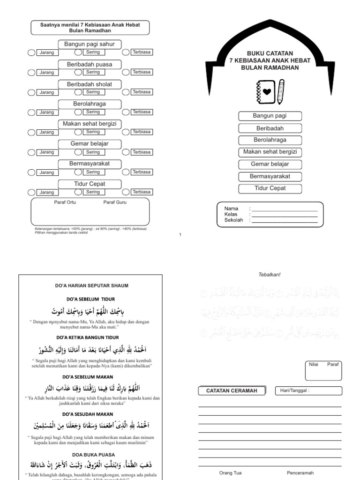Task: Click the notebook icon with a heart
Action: pos(266,92)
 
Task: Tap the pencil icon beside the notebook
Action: pos(280,92)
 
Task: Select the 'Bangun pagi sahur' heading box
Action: pos(89,44)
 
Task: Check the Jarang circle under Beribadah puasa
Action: pos(31,73)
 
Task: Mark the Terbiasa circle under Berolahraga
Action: pos(126,112)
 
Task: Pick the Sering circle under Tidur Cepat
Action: pos(78,192)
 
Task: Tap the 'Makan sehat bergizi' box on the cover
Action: pos(270,152)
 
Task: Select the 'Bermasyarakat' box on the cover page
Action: pos(270,176)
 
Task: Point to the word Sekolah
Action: pos(233,220)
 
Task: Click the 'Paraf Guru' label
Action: pos(115,202)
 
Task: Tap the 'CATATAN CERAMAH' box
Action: pos(232,391)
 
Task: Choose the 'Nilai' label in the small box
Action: pos(314,364)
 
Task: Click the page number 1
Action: pos(180,235)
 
